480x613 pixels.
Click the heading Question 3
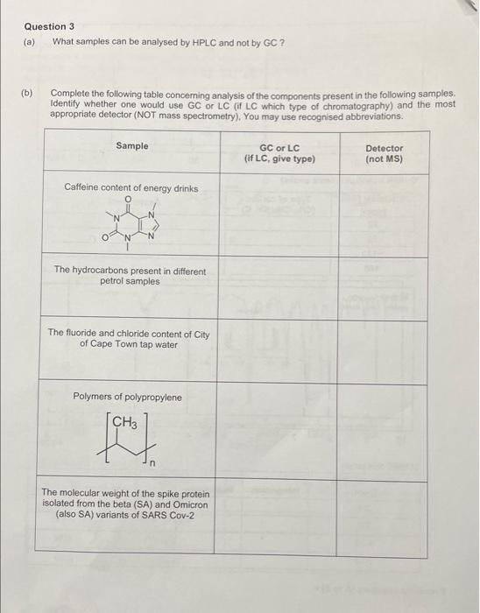49,26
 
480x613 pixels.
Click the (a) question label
29,41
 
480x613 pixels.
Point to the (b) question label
29,92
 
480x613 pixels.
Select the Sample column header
132,145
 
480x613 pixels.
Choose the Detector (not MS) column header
385,153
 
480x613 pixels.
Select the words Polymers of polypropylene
128,397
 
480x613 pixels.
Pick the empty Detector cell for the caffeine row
384,215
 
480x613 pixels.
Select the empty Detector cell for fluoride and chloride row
384,351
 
